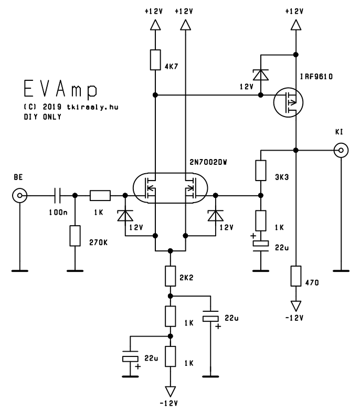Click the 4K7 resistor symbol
coord(155,60)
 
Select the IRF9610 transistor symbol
coord(288,102)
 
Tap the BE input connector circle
coord(19,196)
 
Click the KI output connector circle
coord(341,151)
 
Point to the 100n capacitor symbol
coord(57,196)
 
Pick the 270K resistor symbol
coord(75,236)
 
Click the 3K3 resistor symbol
coord(261,171)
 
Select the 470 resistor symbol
coord(296,276)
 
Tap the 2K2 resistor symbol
coord(171,276)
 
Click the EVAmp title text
coord(60,89)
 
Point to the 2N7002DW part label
coord(208,163)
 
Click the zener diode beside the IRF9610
coord(261,75)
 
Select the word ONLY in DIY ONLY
coord(52,117)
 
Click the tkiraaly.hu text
coord(92,107)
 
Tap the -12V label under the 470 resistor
coord(294,318)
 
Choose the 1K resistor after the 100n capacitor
coord(100,196)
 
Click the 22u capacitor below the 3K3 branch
coord(261,246)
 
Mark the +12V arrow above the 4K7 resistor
coord(155,25)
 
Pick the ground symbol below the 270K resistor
coord(75,271)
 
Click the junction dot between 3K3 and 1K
coord(261,196)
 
